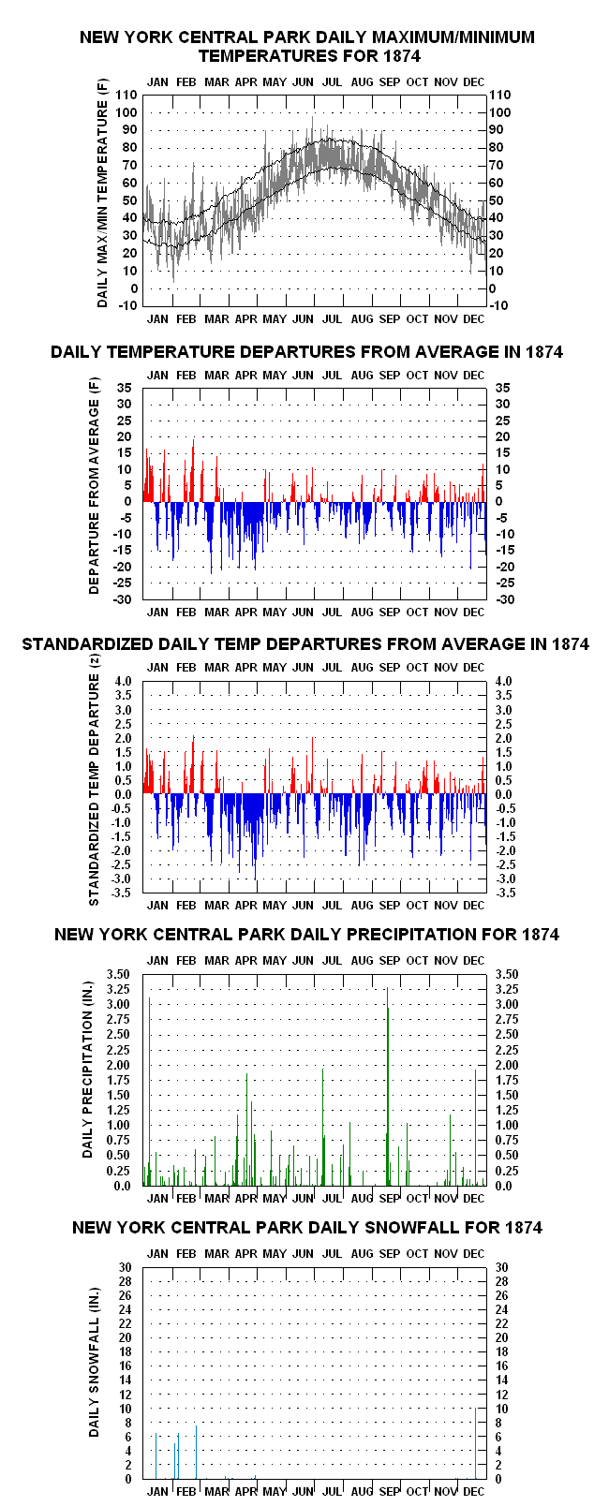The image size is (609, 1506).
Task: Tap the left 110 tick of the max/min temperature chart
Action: (x=126, y=95)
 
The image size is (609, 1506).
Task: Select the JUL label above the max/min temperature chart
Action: (x=332, y=82)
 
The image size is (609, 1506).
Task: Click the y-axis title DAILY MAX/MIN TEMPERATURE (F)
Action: (x=102, y=193)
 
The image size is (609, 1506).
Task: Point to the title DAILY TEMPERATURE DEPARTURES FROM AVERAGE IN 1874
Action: (x=306, y=351)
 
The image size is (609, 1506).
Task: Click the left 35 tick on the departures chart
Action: (x=124, y=388)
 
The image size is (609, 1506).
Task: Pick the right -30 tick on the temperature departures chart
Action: (x=505, y=599)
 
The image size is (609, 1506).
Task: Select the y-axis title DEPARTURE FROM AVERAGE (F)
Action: (x=94, y=485)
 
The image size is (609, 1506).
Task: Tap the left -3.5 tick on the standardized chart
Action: (x=121, y=893)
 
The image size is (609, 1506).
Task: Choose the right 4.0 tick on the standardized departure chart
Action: (x=503, y=681)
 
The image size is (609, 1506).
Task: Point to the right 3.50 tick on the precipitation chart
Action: (x=507, y=974)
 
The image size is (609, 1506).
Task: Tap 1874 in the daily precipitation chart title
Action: (x=541, y=935)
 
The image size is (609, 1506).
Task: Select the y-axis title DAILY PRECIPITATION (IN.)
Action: (x=87, y=1069)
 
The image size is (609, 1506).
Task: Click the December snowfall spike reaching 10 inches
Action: (x=476, y=1443)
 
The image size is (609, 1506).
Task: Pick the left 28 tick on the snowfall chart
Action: (x=125, y=1281)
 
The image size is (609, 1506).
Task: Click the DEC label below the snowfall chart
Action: (x=474, y=1491)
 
